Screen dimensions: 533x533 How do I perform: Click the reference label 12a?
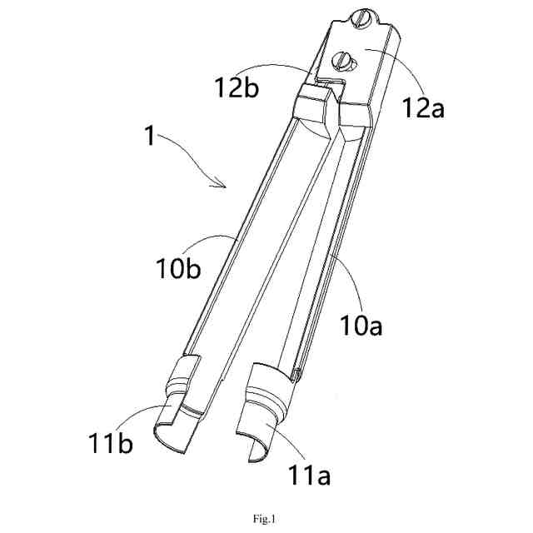click(x=421, y=106)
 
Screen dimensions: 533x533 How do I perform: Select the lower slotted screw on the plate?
click(x=342, y=59)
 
